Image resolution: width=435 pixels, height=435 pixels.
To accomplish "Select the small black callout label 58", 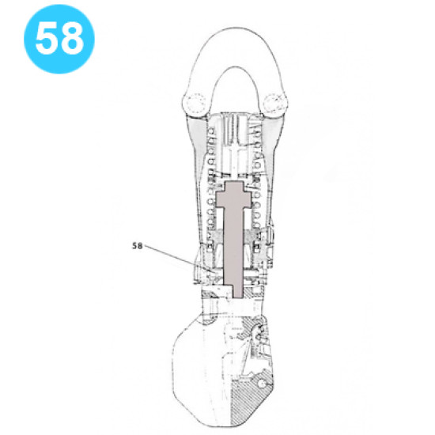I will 137,245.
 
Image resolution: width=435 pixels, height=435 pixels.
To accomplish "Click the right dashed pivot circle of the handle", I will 277,102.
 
